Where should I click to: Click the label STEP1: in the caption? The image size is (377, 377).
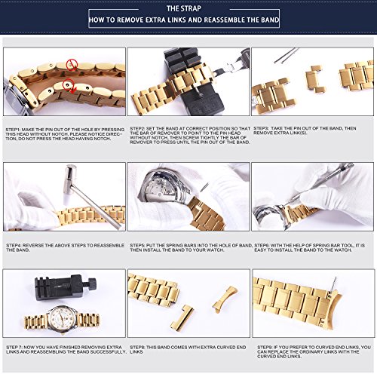point(14,129)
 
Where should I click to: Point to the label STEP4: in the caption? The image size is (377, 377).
point(14,244)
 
